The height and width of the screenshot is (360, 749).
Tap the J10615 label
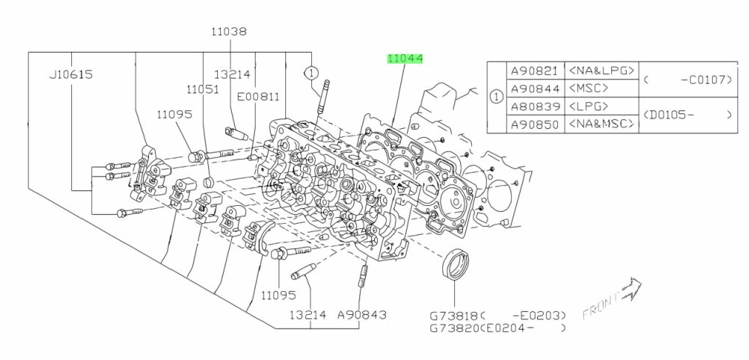(x=72, y=74)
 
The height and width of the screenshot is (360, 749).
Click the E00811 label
(x=259, y=96)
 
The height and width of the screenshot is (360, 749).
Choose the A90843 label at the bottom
(x=362, y=315)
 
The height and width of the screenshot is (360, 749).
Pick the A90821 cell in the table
(x=534, y=71)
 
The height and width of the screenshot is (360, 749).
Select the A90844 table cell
(x=534, y=88)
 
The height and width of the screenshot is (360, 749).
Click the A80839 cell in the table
(x=534, y=106)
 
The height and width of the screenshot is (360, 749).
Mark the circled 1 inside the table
(x=496, y=97)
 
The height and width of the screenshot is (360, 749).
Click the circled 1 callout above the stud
(x=311, y=73)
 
